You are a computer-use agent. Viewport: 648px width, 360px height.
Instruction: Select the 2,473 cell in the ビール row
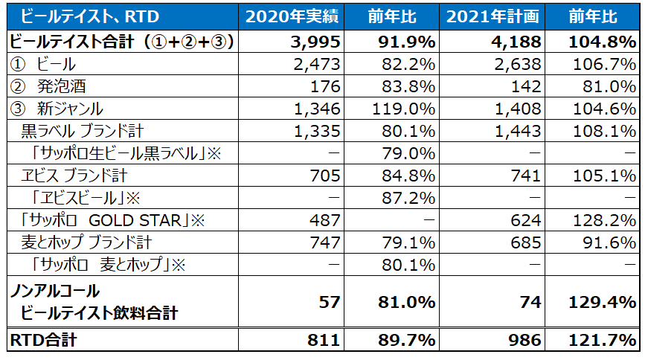click(x=318, y=64)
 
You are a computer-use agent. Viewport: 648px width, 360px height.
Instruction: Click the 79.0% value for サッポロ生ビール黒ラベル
click(x=413, y=154)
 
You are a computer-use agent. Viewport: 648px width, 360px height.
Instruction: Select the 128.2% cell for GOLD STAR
click(x=606, y=221)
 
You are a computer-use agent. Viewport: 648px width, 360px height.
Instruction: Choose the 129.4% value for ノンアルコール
click(x=604, y=302)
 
